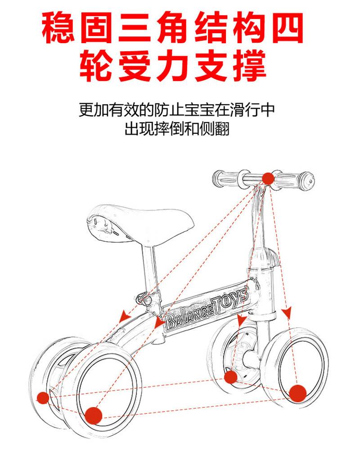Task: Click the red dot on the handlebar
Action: coord(268,179)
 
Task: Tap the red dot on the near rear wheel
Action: coord(93,415)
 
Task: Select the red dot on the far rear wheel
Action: coord(43,398)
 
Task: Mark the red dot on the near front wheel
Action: coord(297,393)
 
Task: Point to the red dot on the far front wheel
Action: coord(230,377)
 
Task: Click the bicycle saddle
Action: coord(140,224)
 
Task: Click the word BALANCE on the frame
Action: coord(189,317)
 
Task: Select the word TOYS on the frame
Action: coord(230,300)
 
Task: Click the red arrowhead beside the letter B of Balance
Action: coord(159,322)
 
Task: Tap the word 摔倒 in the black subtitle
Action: coord(169,129)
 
